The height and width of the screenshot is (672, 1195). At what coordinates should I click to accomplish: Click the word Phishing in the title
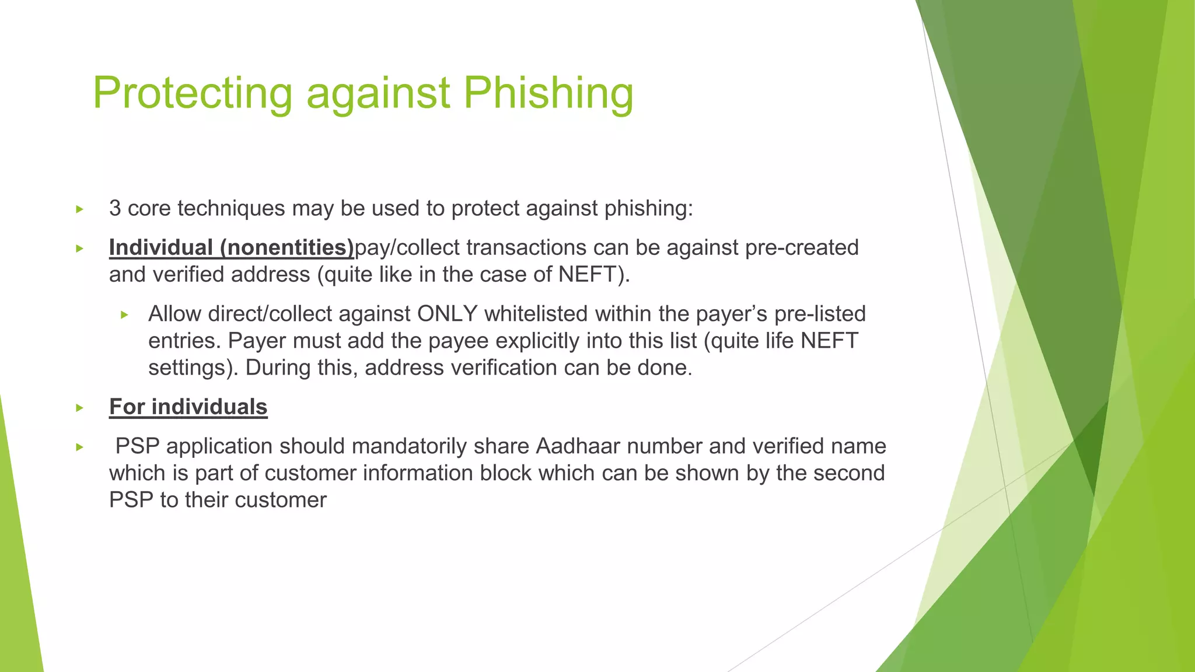pos(548,93)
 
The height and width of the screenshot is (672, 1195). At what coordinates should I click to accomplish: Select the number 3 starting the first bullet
pos(115,208)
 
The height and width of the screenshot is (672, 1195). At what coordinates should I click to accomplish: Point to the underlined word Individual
pos(160,247)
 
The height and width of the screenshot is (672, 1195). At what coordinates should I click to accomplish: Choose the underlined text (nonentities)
pos(286,247)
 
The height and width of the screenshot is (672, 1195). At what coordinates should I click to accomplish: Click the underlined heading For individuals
pos(188,407)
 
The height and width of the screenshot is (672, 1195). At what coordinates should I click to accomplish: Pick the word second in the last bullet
pos(849,473)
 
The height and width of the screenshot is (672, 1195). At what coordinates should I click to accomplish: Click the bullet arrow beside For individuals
pos(80,408)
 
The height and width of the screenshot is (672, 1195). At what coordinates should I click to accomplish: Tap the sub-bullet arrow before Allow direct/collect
pos(124,315)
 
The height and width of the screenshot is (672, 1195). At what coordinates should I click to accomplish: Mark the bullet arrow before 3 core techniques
pos(80,209)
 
